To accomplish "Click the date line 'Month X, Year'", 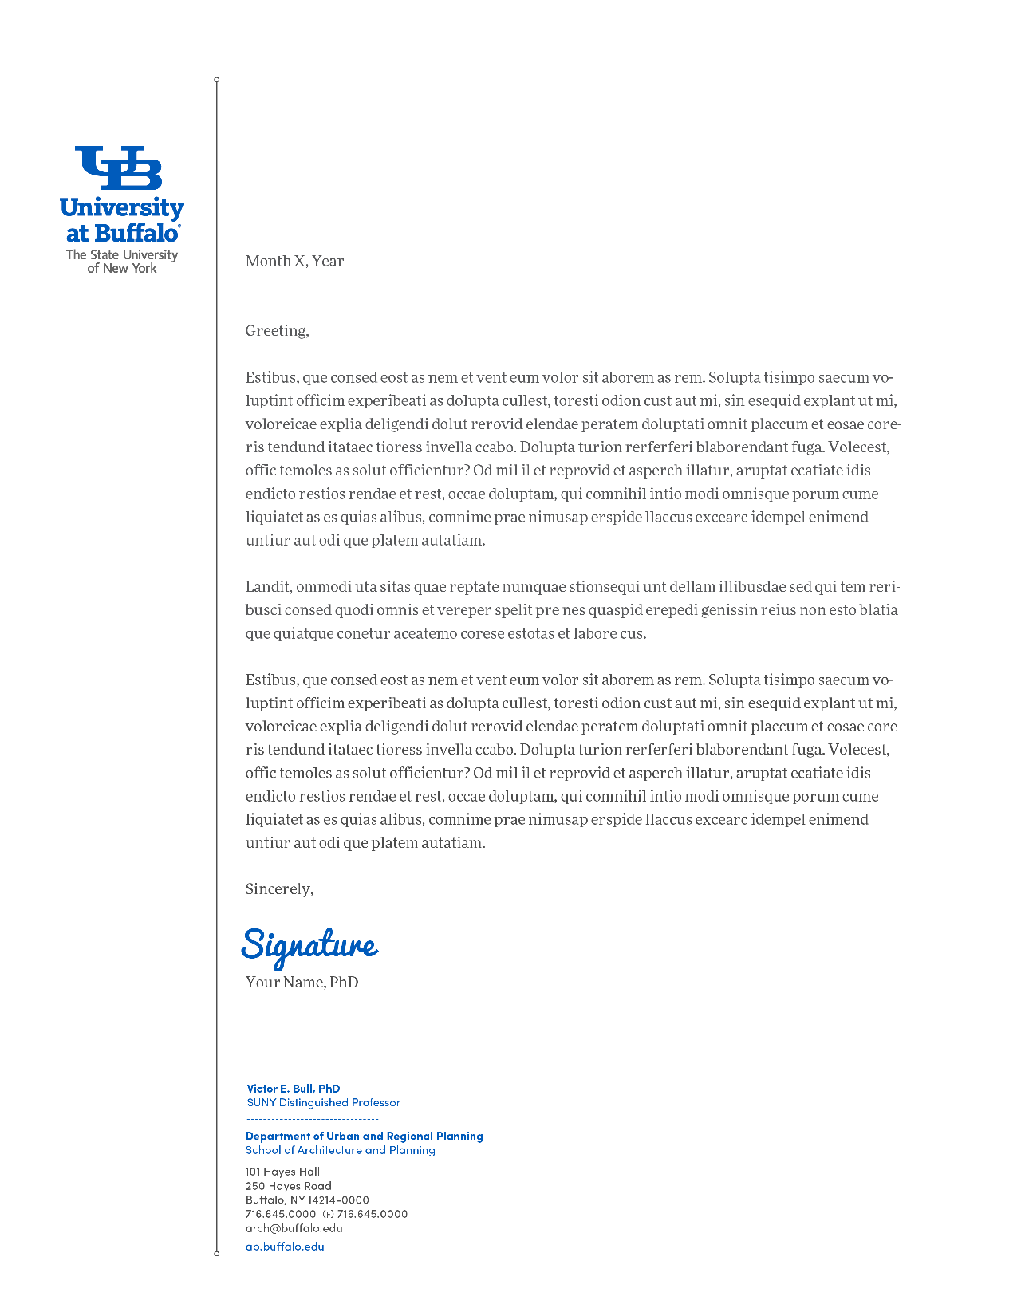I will coord(294,261).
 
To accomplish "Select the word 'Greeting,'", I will coord(277,331).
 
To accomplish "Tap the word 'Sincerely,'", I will coord(279,889).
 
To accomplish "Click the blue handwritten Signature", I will coord(309,946).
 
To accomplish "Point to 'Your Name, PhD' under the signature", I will coord(302,982).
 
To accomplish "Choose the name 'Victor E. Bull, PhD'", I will coord(294,1089).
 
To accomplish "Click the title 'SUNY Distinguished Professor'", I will coord(323,1103).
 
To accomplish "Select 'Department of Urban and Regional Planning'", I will coord(364,1136).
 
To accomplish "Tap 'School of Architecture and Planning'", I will coord(340,1150).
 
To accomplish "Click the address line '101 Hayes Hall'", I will coord(282,1172).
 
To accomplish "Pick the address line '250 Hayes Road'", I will coord(288,1186).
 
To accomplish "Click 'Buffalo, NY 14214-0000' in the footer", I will coord(307,1200).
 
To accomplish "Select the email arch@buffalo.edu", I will coord(294,1228).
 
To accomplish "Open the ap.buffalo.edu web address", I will coord(285,1247).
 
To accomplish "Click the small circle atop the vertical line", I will coord(216,80).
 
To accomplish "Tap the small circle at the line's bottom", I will coord(216,1254).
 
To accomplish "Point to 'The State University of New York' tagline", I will coord(122,262).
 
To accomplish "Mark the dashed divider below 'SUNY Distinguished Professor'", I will coord(312,1119).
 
